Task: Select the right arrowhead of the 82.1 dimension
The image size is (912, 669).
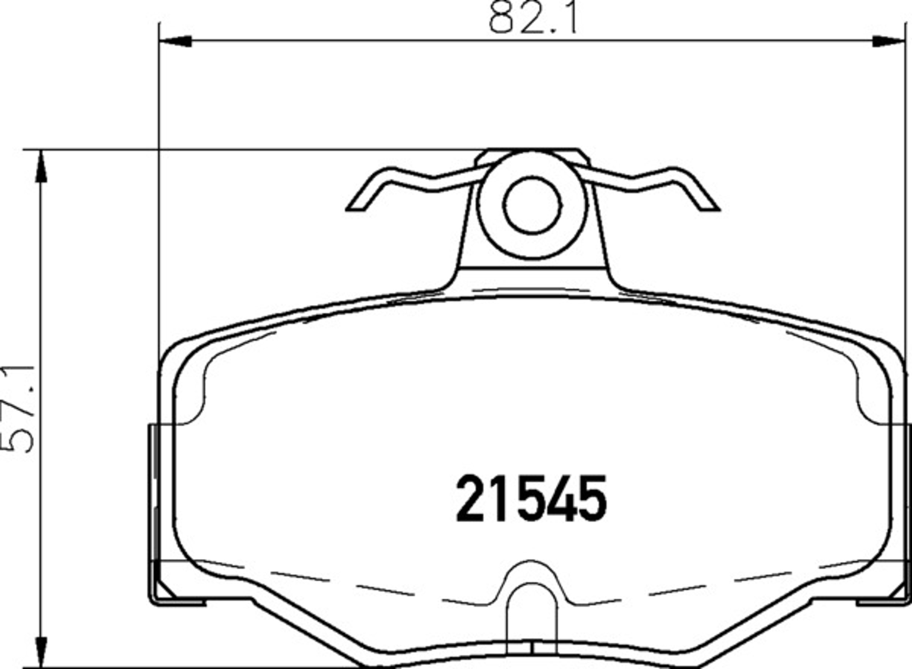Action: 888,41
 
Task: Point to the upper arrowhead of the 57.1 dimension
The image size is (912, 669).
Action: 41,166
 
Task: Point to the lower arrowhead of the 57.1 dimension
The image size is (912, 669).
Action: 41,652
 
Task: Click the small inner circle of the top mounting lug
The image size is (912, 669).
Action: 532,205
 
